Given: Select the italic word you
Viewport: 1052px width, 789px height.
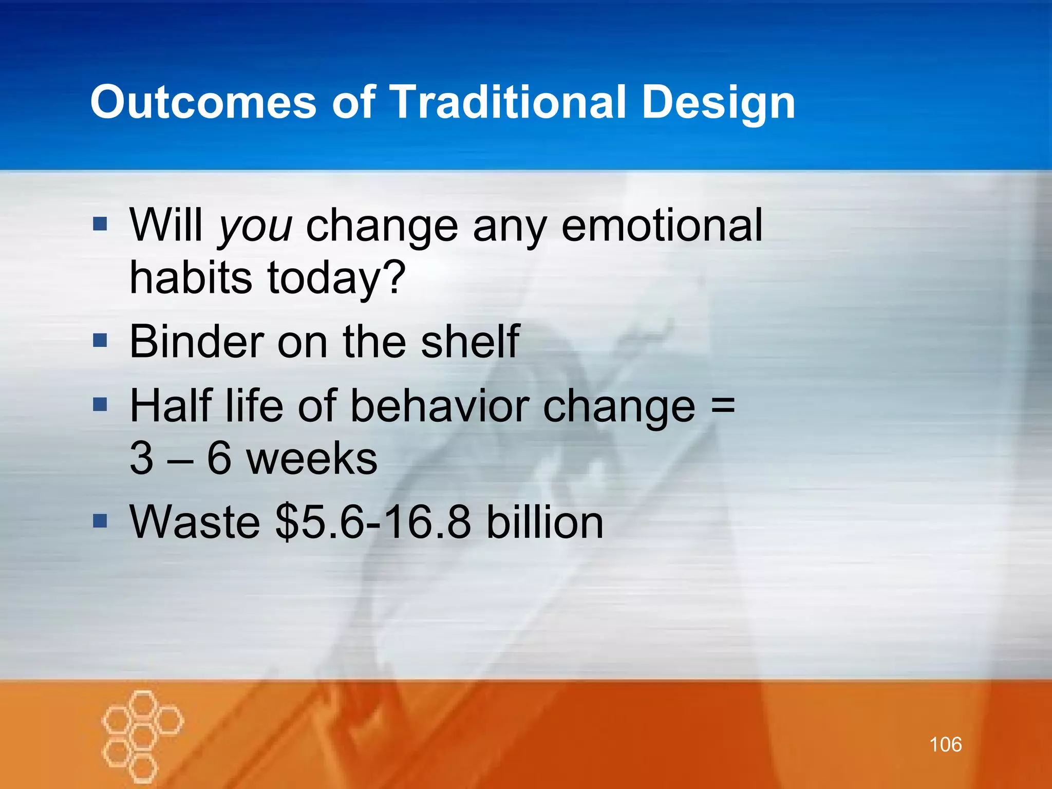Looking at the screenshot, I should tap(255, 228).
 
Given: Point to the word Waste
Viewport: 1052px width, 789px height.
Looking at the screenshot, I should tap(195, 522).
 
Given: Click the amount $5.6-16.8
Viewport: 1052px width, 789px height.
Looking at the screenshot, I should tap(373, 522).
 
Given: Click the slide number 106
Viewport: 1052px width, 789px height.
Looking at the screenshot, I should tap(945, 744).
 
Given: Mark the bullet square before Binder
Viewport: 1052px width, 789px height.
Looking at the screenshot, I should tap(100, 340).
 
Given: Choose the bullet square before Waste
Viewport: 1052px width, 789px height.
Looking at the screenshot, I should tap(100, 521).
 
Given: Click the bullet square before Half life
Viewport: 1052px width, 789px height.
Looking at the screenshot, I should tap(100, 404).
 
